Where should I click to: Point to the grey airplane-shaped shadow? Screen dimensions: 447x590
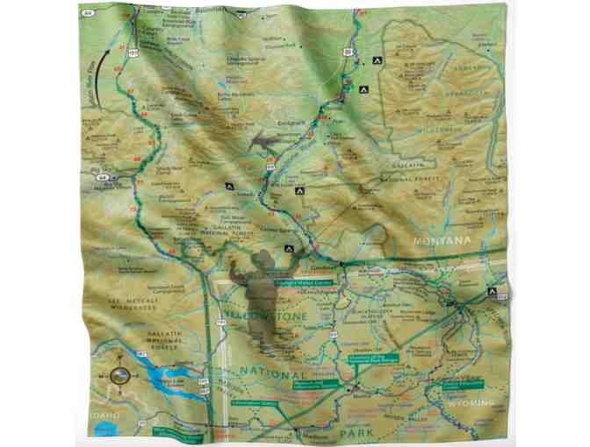point(269,140)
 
